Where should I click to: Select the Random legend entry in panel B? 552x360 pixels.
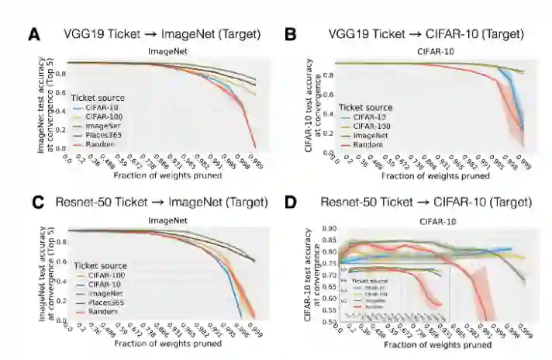pos(367,144)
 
